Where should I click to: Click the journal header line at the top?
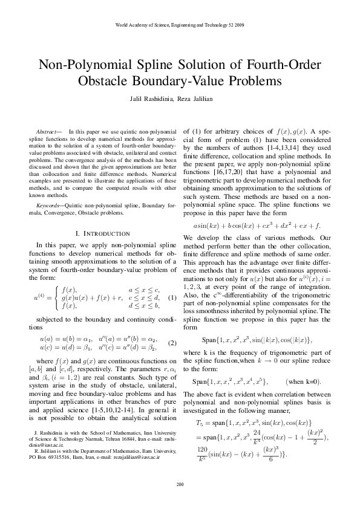180,25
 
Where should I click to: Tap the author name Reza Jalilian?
203,99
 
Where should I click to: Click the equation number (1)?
172,298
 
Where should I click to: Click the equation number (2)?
172,343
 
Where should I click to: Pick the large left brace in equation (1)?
57,298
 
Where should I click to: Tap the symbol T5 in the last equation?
200,423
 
